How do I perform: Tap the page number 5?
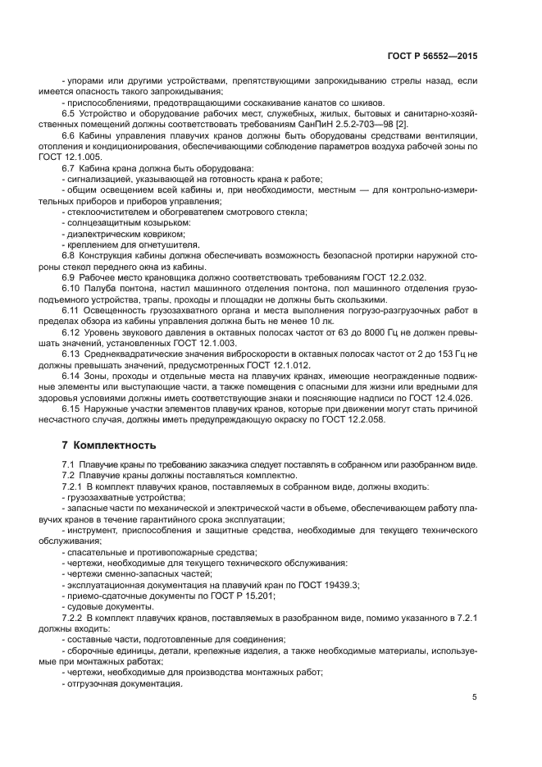[x=475, y=697]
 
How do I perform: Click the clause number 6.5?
[x=70, y=114]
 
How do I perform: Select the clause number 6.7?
[x=70, y=168]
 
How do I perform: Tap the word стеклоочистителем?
[x=107, y=212]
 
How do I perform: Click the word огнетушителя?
[x=171, y=244]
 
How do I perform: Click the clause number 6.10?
[x=72, y=289]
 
